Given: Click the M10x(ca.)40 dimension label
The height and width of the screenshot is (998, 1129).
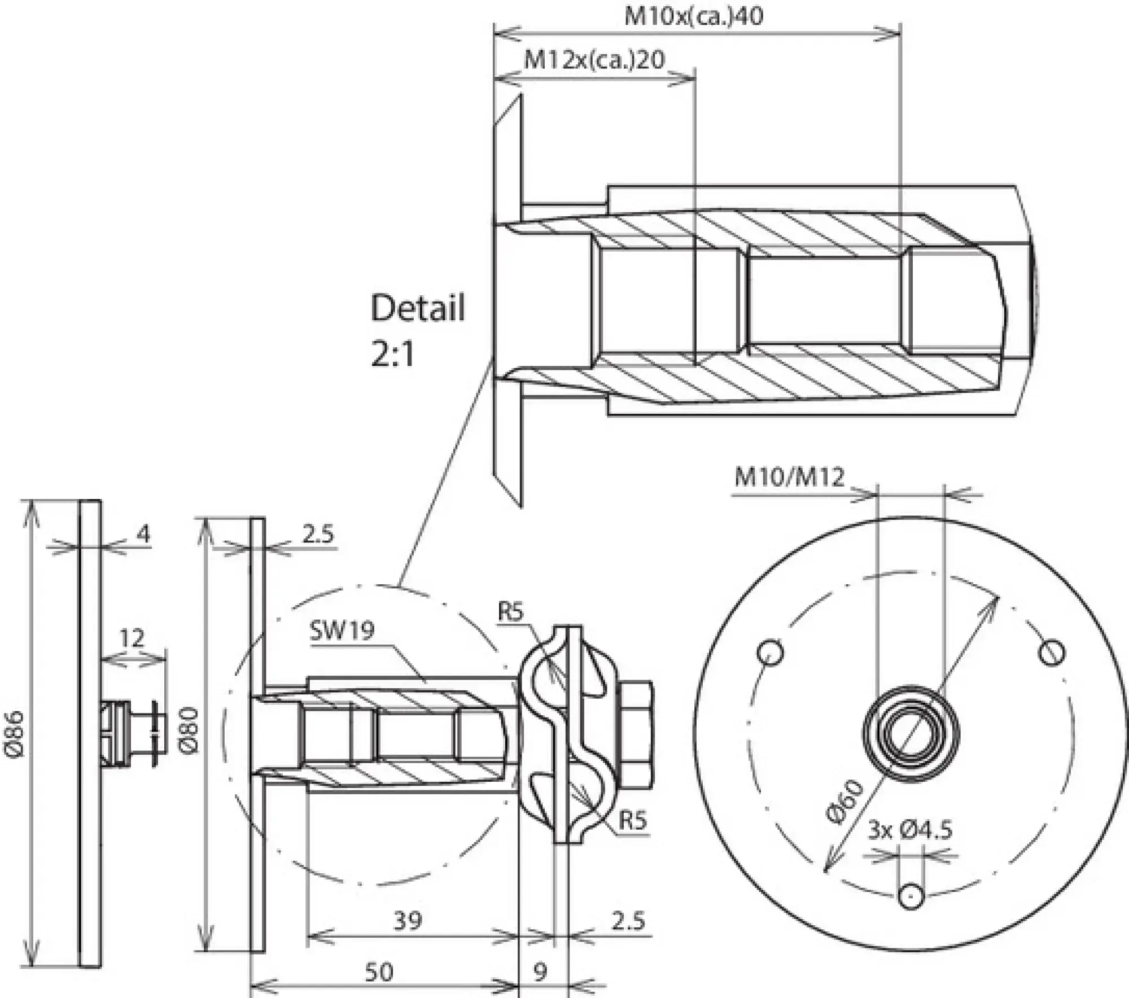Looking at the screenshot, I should point(693,16).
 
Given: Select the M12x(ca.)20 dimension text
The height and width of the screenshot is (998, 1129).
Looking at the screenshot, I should point(594,59).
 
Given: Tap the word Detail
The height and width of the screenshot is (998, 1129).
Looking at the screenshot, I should point(418,308).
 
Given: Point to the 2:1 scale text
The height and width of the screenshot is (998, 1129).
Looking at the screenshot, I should point(393,354).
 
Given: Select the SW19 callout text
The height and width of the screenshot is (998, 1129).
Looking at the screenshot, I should point(342,630).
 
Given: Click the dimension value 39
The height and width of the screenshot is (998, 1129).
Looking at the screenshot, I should point(407,921).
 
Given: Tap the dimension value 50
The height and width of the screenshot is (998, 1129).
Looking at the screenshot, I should point(378,971).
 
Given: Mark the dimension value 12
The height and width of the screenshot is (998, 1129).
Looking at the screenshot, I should point(132,638).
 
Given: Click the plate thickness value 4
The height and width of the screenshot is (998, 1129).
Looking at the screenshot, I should point(144,533).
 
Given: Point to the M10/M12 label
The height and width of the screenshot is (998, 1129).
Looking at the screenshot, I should point(789,478).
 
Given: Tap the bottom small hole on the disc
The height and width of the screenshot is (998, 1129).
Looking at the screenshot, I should point(911,896).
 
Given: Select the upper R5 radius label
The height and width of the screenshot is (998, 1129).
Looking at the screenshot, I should point(511,612).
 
